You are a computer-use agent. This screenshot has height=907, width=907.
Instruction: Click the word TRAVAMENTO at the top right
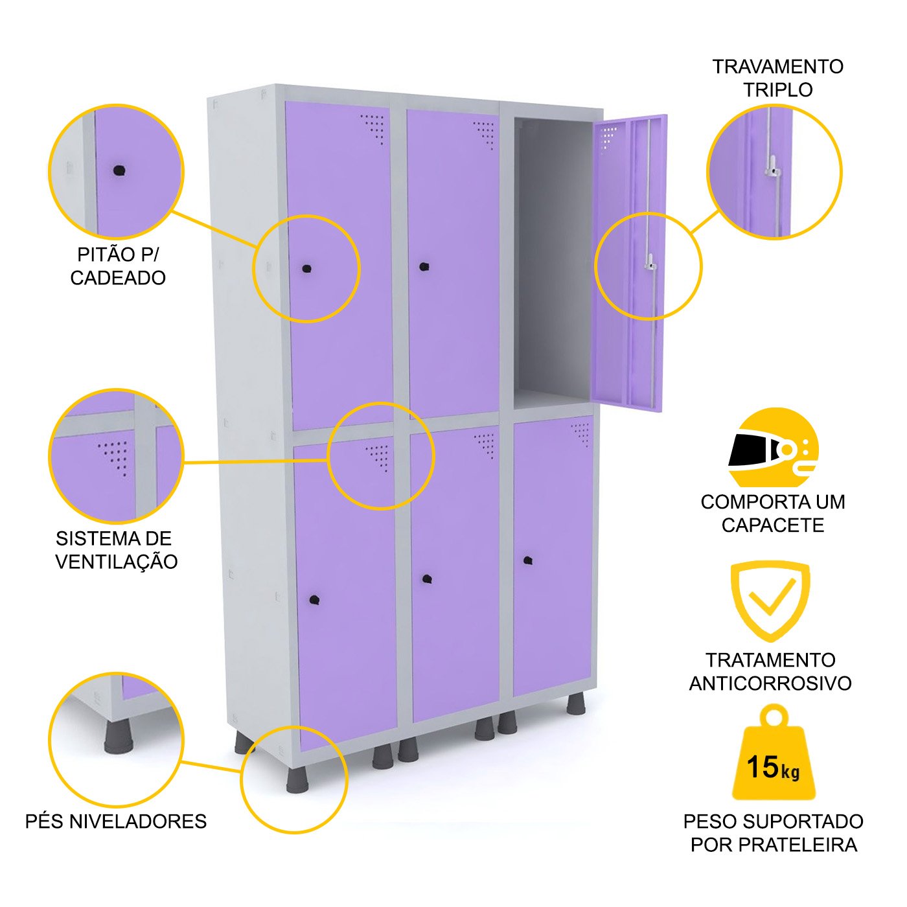tap(777, 67)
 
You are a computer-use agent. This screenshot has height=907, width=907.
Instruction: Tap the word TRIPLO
tap(777, 90)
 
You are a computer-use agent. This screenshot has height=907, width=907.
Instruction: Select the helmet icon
tap(774, 448)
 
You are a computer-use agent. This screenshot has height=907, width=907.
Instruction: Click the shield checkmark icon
tap(770, 599)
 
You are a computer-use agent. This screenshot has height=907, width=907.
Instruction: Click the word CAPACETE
tap(773, 525)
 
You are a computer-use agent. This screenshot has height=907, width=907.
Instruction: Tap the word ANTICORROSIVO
tap(770, 683)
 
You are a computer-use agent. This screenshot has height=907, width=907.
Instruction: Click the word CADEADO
tap(118, 278)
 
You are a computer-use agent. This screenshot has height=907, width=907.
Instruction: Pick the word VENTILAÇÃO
tap(117, 562)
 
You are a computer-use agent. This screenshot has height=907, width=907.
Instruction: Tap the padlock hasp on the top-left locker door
tap(306, 268)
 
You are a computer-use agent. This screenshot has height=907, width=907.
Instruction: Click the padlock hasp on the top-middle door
tap(424, 266)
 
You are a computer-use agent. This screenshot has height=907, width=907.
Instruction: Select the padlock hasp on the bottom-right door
tap(528, 560)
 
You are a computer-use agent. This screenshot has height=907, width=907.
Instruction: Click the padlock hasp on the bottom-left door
tap(314, 600)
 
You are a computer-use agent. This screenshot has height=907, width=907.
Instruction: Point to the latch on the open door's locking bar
tap(650, 264)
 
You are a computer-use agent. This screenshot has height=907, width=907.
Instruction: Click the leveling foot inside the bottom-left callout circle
tap(118, 737)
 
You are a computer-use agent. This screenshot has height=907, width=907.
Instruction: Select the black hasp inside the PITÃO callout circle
tap(119, 170)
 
